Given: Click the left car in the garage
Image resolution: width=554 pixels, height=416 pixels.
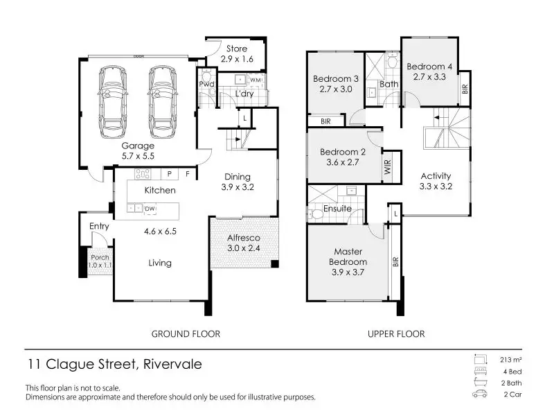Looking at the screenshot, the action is tap(113, 102).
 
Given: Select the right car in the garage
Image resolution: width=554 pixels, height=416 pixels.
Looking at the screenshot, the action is tap(163, 102).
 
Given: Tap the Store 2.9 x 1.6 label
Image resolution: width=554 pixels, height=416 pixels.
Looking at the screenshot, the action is tap(237, 54).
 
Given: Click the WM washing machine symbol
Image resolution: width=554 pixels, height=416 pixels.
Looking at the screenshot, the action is tap(256, 80).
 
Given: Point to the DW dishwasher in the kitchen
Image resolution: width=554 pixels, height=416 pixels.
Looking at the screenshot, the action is tap(150, 209).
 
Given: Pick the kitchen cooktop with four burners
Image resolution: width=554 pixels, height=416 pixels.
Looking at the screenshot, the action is tap(143, 174).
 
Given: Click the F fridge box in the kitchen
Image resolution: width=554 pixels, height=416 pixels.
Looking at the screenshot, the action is tap(188, 174).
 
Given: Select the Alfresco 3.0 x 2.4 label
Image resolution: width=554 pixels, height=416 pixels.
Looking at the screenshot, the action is tap(244, 243).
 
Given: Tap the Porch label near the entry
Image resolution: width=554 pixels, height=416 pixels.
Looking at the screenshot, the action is tap(100, 257).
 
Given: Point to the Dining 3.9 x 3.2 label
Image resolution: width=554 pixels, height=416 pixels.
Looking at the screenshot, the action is tap(238, 182).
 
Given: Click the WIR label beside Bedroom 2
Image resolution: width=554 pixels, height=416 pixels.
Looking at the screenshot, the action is tap(388, 167).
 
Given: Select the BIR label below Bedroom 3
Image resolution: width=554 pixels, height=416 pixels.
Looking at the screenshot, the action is tap(325, 121).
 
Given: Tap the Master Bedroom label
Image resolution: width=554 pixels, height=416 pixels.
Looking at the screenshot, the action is tap(348, 257).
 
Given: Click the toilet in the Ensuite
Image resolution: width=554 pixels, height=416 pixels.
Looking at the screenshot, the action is tap(316, 214).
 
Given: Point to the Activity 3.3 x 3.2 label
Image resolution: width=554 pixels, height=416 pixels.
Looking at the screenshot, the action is tap(436, 181).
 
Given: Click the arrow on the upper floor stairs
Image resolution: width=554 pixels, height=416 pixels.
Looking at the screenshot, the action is tap(440, 117).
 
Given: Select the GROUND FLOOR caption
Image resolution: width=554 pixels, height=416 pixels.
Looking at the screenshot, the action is tap(186, 334).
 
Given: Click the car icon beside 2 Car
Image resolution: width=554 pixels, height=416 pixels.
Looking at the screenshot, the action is tap(480, 394).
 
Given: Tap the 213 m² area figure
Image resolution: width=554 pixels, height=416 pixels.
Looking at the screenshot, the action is tap(511, 360).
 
